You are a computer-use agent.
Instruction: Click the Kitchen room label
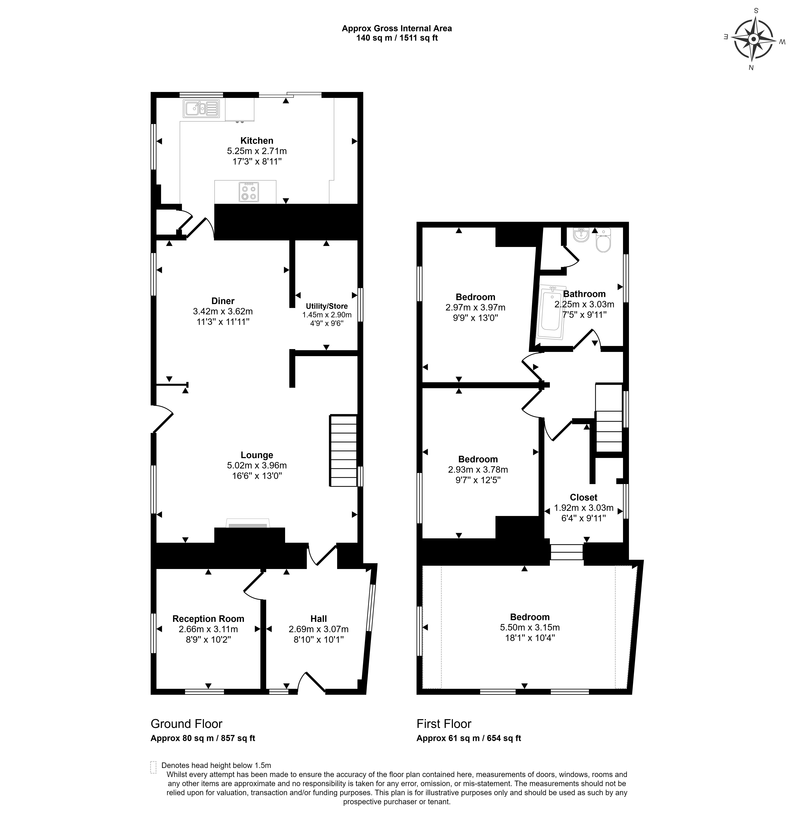click(x=257, y=141)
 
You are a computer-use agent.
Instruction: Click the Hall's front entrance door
click(x=312, y=683)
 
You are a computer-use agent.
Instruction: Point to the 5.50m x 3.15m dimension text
click(x=530, y=627)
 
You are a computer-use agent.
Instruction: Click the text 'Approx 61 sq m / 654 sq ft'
click(x=469, y=738)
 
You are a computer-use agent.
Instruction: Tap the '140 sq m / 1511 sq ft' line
click(x=397, y=38)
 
